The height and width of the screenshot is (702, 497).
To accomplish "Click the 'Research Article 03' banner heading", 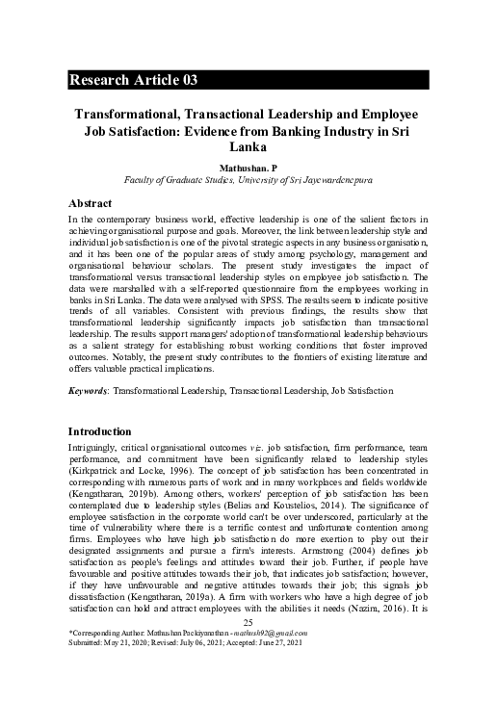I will click(134, 80).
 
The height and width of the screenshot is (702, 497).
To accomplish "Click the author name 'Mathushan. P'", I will click(248, 168).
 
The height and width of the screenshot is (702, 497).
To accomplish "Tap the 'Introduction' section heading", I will click(99, 430).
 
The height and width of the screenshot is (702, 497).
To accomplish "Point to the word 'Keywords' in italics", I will click(89, 391).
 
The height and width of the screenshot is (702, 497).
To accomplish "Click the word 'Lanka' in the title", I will click(248, 147).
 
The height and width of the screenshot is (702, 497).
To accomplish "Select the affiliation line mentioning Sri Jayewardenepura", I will click(248, 180).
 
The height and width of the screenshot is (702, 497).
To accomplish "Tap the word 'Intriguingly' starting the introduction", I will click(97, 450).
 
